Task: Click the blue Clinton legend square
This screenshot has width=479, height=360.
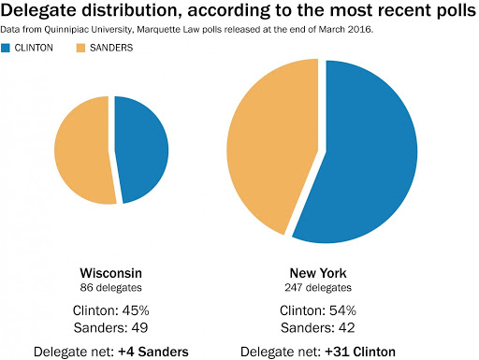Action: [x=6, y=48]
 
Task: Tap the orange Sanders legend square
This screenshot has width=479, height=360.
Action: [x=80, y=48]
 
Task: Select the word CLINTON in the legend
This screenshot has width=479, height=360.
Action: [x=34, y=48]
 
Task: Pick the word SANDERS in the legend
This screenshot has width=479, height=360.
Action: [x=111, y=48]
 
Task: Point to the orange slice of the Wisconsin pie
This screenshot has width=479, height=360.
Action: [x=82, y=151]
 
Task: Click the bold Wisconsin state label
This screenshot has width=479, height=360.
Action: [x=111, y=273]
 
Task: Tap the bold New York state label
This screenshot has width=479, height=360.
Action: [x=318, y=273]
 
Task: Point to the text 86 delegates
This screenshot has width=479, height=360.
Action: [x=111, y=287]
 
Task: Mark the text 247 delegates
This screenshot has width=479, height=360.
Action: [x=318, y=287]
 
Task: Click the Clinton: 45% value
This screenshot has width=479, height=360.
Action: [x=111, y=310]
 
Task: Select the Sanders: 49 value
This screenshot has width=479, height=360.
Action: [x=111, y=327]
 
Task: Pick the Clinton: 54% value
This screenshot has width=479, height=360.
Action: [x=318, y=310]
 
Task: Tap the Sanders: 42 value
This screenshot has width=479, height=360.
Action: [x=318, y=327]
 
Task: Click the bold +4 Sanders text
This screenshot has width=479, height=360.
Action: [x=153, y=352]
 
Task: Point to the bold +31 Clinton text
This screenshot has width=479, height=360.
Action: [x=360, y=352]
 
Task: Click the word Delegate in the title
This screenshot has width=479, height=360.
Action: [x=38, y=10]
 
